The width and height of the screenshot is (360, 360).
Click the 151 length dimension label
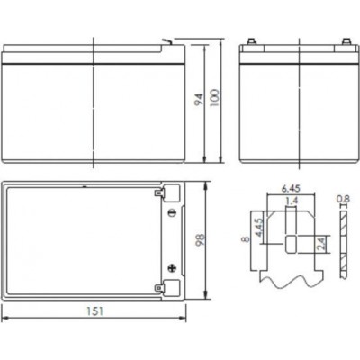pos(94,311)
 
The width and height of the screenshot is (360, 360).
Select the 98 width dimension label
pos(200,239)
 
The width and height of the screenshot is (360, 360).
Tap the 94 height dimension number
pos(198,100)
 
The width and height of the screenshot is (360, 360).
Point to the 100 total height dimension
pos(214,98)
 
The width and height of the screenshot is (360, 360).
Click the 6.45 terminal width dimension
pos(291,189)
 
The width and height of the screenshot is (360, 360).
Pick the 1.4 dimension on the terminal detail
pos(292,200)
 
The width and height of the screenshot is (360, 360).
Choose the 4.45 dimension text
pos(259,228)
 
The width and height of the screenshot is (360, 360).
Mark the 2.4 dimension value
pos(320,244)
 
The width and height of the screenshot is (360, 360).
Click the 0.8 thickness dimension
pos(343,199)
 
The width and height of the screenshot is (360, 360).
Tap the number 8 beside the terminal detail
pos(247,239)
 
